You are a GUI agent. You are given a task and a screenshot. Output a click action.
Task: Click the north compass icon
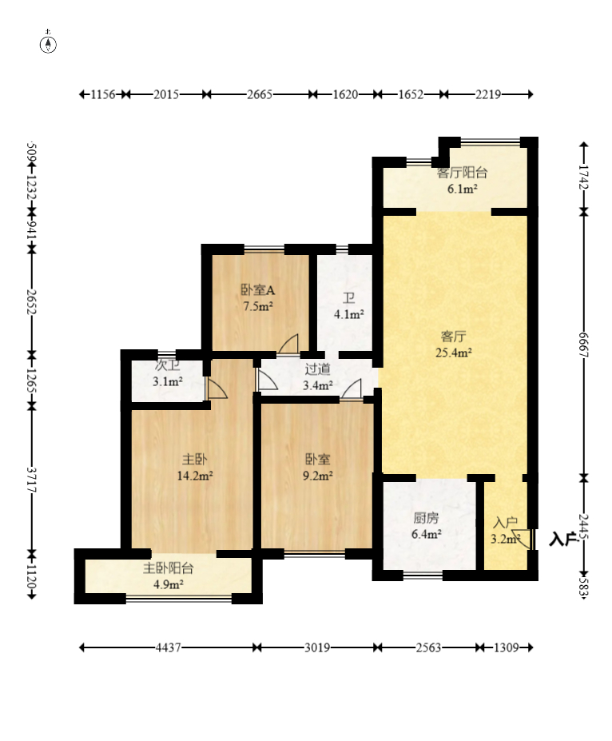click(48, 43)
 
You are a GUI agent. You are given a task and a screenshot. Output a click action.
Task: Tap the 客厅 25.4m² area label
click(453, 345)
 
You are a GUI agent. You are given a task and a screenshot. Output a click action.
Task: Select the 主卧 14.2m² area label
click(195, 468)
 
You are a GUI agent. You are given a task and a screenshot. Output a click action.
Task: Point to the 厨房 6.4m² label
click(427, 526)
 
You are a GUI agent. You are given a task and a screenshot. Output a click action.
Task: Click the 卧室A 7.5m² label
click(258, 298)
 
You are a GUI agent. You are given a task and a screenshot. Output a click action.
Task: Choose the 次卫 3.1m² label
click(168, 374)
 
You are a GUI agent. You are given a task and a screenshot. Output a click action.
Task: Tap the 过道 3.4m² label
click(317, 377)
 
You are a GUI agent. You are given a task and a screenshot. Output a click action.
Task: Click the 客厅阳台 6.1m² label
click(462, 181)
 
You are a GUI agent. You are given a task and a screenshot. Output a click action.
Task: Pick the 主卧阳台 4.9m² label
click(168, 576)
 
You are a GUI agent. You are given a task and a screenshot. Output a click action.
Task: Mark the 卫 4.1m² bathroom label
click(348, 306)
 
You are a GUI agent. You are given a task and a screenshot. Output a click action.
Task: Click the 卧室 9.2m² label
click(317, 467)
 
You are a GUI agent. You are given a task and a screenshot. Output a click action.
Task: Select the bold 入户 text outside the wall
click(563, 539)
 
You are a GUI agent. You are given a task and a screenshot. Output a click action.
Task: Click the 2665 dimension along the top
click(260, 94)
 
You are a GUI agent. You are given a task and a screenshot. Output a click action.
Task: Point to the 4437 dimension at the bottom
click(168, 647)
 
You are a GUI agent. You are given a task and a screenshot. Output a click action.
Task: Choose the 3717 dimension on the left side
click(32, 479)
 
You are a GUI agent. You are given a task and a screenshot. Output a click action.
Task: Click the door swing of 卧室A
click(289, 344)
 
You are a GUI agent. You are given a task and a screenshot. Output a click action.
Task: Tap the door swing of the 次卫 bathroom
click(217, 388)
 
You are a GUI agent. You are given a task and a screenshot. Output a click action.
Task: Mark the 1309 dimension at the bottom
click(507, 647)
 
